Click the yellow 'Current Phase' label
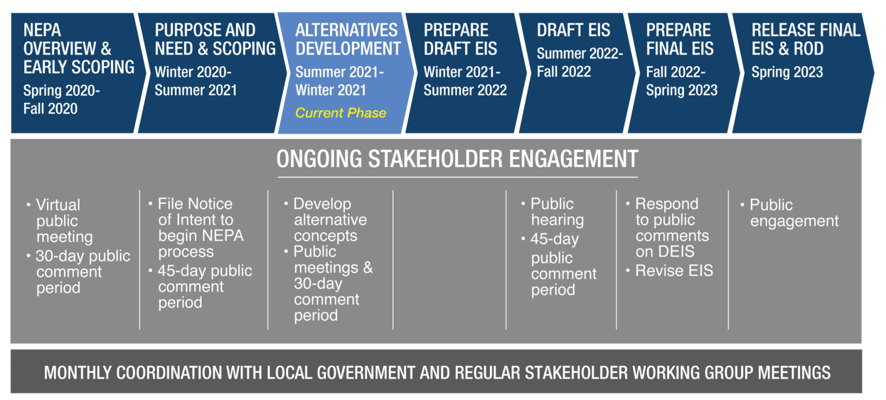pyautogui.click(x=341, y=113)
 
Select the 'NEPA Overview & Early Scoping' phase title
pyautogui.click(x=79, y=48)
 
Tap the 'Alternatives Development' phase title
pyautogui.click(x=348, y=39)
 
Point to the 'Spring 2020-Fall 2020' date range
pyautogui.click(x=62, y=99)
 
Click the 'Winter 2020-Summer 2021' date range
pyautogui.click(x=196, y=81)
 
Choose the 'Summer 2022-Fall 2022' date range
pyautogui.click(x=580, y=63)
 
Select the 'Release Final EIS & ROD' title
pyautogui.click(x=806, y=39)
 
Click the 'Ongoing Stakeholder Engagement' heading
pyautogui.click(x=457, y=159)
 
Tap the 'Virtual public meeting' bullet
pyautogui.click(x=59, y=221)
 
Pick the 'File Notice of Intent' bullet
pyautogui.click(x=196, y=227)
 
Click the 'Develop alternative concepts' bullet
pyautogui.click(x=326, y=220)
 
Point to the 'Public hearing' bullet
pyautogui.click(x=553, y=212)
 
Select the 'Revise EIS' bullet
pyautogui.click(x=670, y=271)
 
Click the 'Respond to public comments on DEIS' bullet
pyautogui.click(x=668, y=227)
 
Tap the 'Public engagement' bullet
pyautogui.click(x=789, y=213)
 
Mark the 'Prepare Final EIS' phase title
pyautogui.click(x=680, y=39)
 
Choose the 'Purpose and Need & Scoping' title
pyautogui.click(x=215, y=39)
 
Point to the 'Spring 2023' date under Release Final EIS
pyautogui.click(x=787, y=72)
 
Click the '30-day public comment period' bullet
pyautogui.click(x=78, y=272)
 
